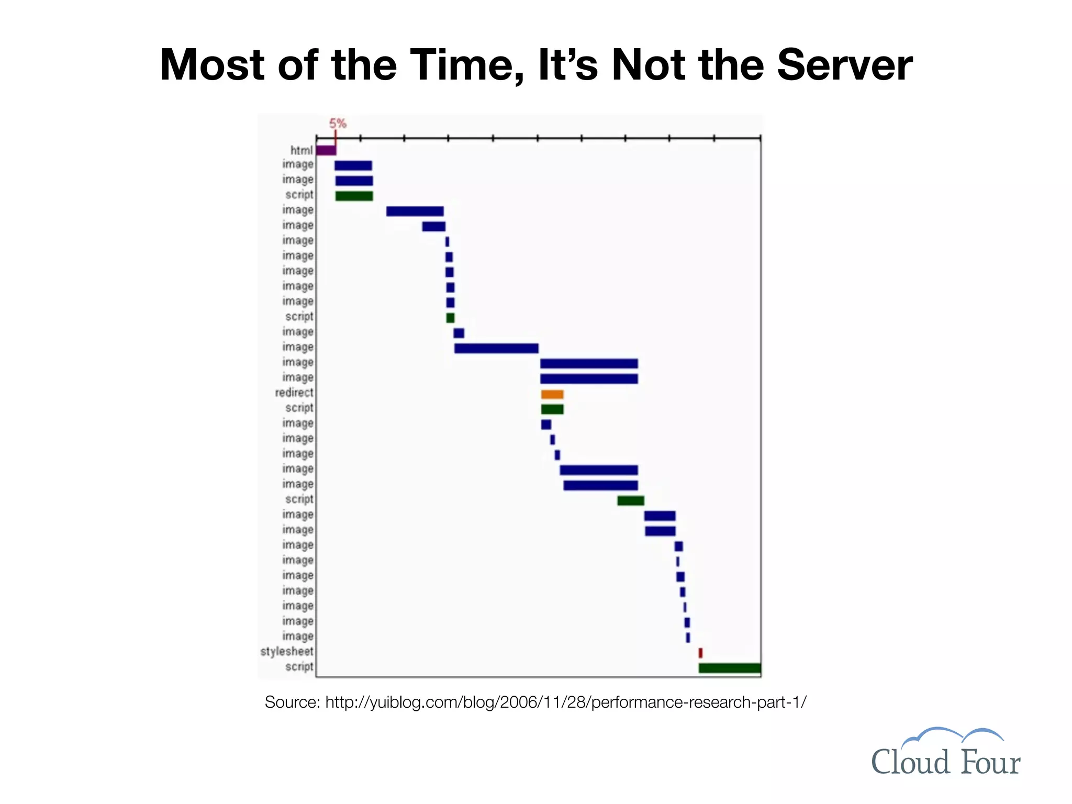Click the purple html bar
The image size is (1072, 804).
(326, 150)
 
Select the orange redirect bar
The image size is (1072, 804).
(552, 394)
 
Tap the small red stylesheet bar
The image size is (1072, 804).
(700, 653)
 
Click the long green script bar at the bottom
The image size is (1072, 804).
(729, 668)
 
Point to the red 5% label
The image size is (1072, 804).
(338, 124)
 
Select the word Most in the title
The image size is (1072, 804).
(212, 65)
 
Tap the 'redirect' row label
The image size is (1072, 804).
(294, 393)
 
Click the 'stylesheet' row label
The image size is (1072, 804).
(287, 652)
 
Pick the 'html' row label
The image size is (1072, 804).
(301, 151)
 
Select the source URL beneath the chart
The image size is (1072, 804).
(566, 702)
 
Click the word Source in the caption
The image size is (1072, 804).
(292, 702)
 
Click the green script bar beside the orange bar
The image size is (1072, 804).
(552, 409)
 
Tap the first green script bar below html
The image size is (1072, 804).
(354, 196)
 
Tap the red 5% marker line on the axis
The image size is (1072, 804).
(336, 138)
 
